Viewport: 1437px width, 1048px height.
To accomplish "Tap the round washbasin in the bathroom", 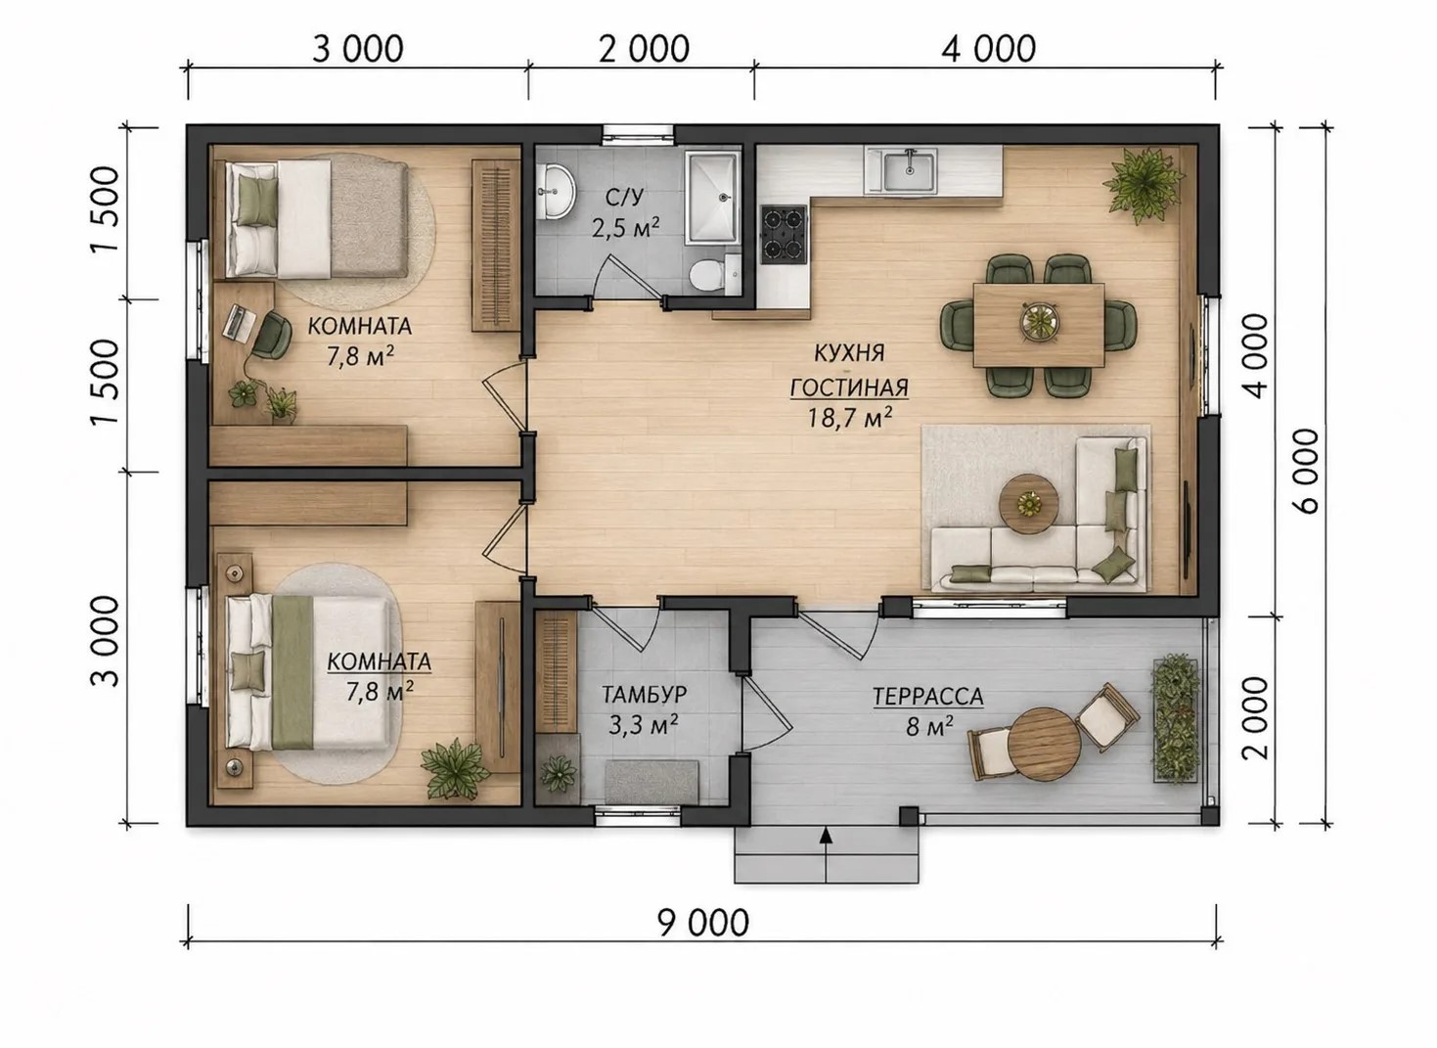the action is click(556, 191).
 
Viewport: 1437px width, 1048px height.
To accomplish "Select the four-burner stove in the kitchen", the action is click(784, 234).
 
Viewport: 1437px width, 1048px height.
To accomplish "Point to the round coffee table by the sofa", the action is click(1028, 504).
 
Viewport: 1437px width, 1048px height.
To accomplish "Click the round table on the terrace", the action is click(1045, 745).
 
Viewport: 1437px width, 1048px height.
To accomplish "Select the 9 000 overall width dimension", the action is click(703, 923).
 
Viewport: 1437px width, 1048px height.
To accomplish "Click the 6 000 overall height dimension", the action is click(1306, 472).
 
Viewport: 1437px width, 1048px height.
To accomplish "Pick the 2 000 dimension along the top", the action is click(644, 50).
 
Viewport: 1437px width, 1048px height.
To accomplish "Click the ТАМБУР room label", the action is click(644, 695).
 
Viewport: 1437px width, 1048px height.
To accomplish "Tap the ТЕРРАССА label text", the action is click(927, 697).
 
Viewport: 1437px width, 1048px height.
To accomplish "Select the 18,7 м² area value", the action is click(849, 419).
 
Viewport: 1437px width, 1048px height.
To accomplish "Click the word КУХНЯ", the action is click(849, 353).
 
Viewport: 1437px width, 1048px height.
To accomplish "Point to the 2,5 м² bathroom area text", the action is click(625, 228).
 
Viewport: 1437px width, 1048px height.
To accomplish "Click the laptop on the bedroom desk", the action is click(239, 322).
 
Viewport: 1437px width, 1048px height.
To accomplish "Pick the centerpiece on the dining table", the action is click(1038, 318).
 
